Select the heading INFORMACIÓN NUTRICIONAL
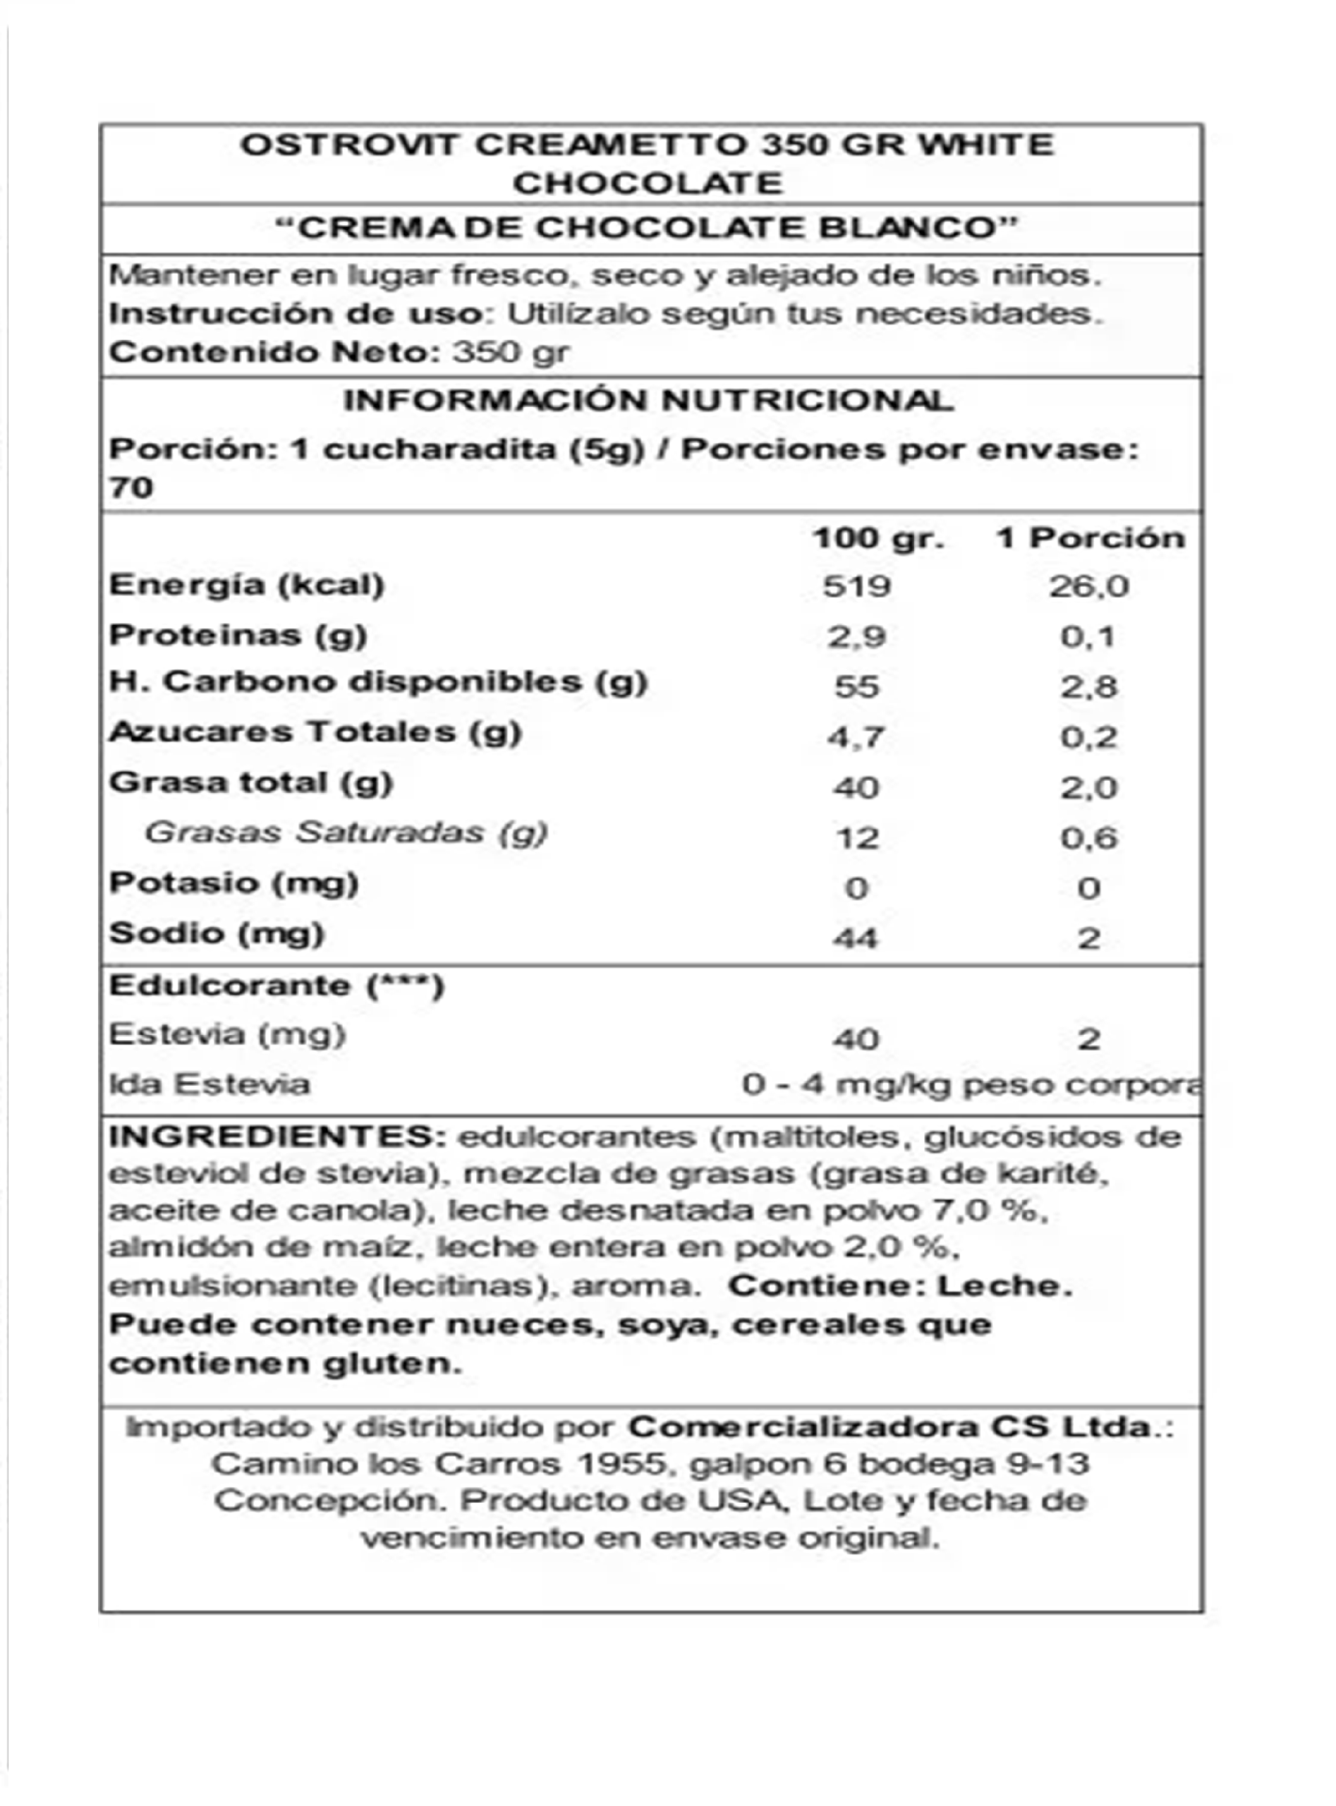point(648,401)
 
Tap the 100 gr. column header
point(878,539)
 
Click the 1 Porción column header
point(1090,539)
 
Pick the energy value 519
point(856,586)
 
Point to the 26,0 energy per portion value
point(1088,587)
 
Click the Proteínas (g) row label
point(238,636)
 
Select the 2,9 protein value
point(856,637)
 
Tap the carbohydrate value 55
point(856,687)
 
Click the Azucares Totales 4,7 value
point(856,738)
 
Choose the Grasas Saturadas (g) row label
point(346,833)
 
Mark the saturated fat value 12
point(856,838)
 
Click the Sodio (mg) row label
point(217,934)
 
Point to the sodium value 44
point(856,939)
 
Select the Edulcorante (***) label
point(277,987)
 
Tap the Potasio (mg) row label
point(233,883)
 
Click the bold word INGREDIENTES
point(277,1137)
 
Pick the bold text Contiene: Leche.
point(900,1287)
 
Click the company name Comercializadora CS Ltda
point(889,1427)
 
